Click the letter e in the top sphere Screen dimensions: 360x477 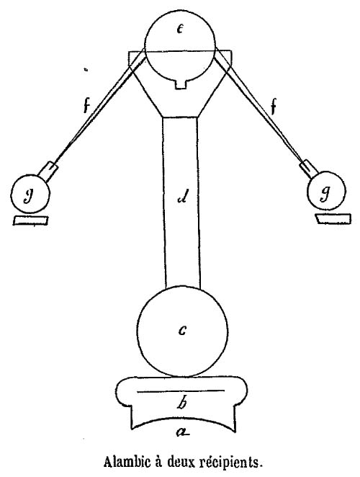180,30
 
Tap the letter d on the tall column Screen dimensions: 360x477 184,197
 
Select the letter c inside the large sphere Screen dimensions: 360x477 182,330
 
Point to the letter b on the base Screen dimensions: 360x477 181,403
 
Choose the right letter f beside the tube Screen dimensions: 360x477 274,107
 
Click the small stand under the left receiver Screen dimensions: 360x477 31,220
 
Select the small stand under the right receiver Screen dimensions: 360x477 333,219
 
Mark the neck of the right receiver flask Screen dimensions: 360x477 309,169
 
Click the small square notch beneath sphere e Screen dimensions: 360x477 181,84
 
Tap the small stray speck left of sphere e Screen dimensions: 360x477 86,70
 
